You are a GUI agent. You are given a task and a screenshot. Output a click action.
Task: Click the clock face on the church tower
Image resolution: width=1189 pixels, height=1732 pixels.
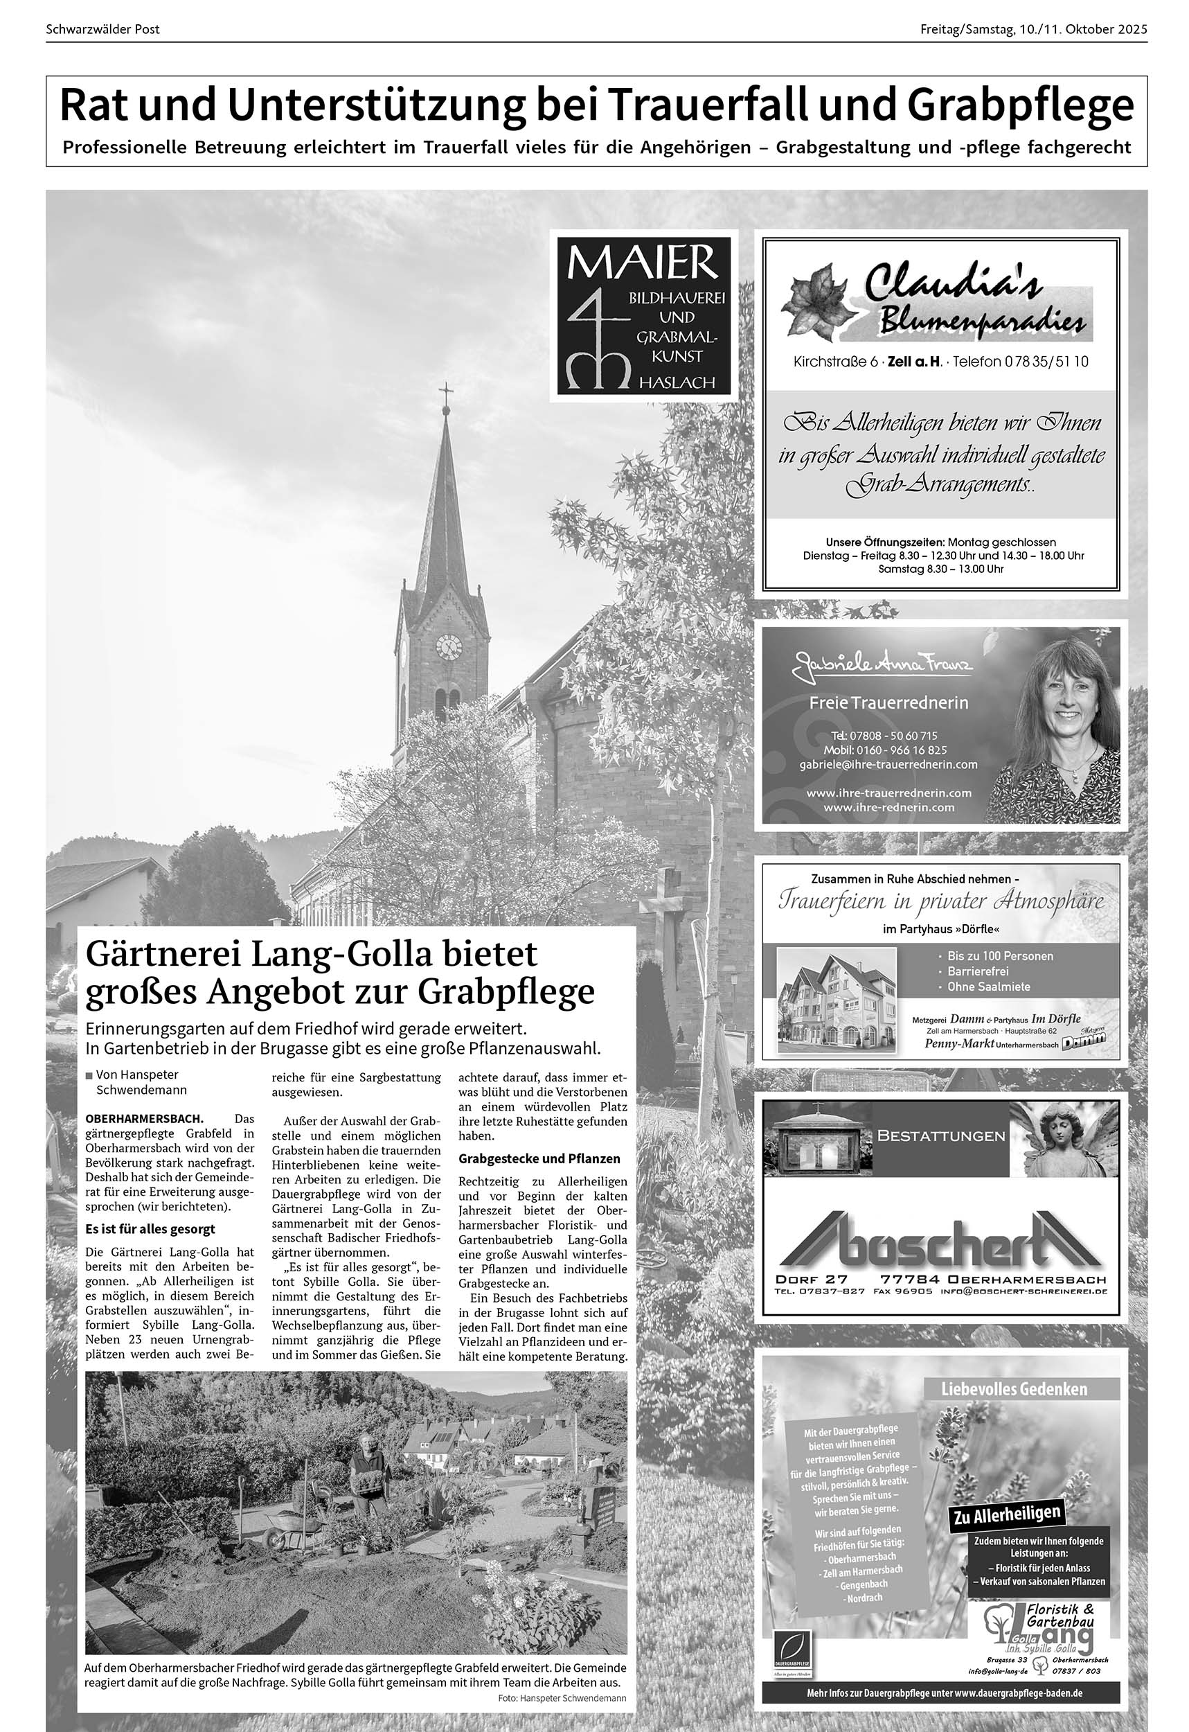click(449, 646)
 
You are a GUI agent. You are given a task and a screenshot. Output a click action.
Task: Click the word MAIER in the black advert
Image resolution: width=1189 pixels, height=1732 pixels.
click(643, 263)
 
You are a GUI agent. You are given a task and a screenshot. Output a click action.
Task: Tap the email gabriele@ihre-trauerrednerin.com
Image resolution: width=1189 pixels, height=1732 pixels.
click(888, 764)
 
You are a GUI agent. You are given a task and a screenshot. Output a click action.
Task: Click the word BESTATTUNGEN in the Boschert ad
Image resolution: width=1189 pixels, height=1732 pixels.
click(941, 1135)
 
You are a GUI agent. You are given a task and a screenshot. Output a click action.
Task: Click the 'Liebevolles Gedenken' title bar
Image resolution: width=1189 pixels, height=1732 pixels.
click(1014, 1389)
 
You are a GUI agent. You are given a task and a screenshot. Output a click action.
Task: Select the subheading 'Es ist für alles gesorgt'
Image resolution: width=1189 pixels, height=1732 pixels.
click(150, 1228)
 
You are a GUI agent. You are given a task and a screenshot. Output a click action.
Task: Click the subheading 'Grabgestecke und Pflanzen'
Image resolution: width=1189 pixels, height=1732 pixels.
click(539, 1158)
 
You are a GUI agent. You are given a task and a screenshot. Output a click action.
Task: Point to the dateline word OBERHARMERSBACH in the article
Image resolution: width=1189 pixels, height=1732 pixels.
click(145, 1118)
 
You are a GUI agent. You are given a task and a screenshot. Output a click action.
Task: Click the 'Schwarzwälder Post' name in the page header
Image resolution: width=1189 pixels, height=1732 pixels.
click(102, 30)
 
